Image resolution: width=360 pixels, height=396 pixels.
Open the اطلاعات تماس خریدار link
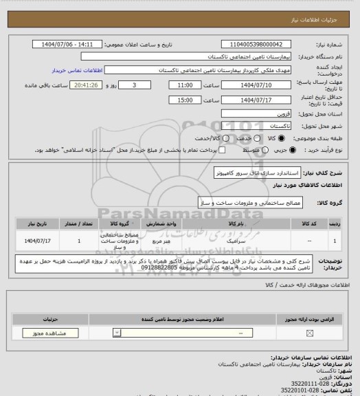pos(76,69)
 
